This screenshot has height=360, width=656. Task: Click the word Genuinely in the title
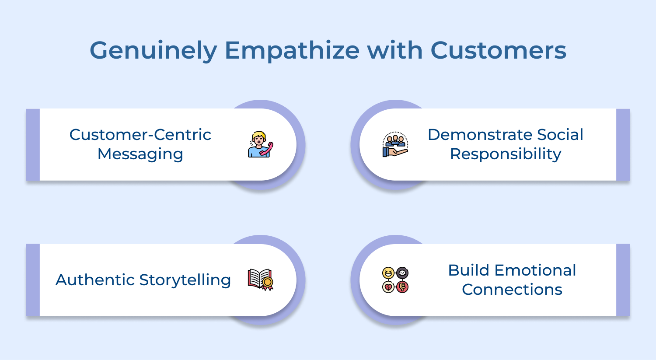point(154,51)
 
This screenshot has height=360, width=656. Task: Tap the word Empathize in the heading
point(292,51)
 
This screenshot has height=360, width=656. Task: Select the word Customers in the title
point(498,50)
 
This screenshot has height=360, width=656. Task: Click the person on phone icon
point(260,144)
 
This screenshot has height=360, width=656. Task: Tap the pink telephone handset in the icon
point(266,149)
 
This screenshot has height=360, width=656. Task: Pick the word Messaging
point(140,154)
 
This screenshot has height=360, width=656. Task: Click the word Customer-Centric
point(140,135)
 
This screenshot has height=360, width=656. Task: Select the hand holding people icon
point(395,144)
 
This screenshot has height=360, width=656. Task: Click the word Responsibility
point(506,154)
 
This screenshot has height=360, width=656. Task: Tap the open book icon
point(260,280)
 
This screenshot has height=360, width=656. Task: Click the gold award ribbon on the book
point(267,283)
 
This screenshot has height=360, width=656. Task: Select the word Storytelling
point(185,280)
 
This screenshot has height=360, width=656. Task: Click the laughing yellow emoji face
point(388,273)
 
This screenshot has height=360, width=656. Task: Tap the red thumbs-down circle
point(402,287)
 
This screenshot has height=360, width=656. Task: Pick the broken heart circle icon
point(388,287)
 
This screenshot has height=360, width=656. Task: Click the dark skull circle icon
point(402,273)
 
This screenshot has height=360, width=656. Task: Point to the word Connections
point(512,290)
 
